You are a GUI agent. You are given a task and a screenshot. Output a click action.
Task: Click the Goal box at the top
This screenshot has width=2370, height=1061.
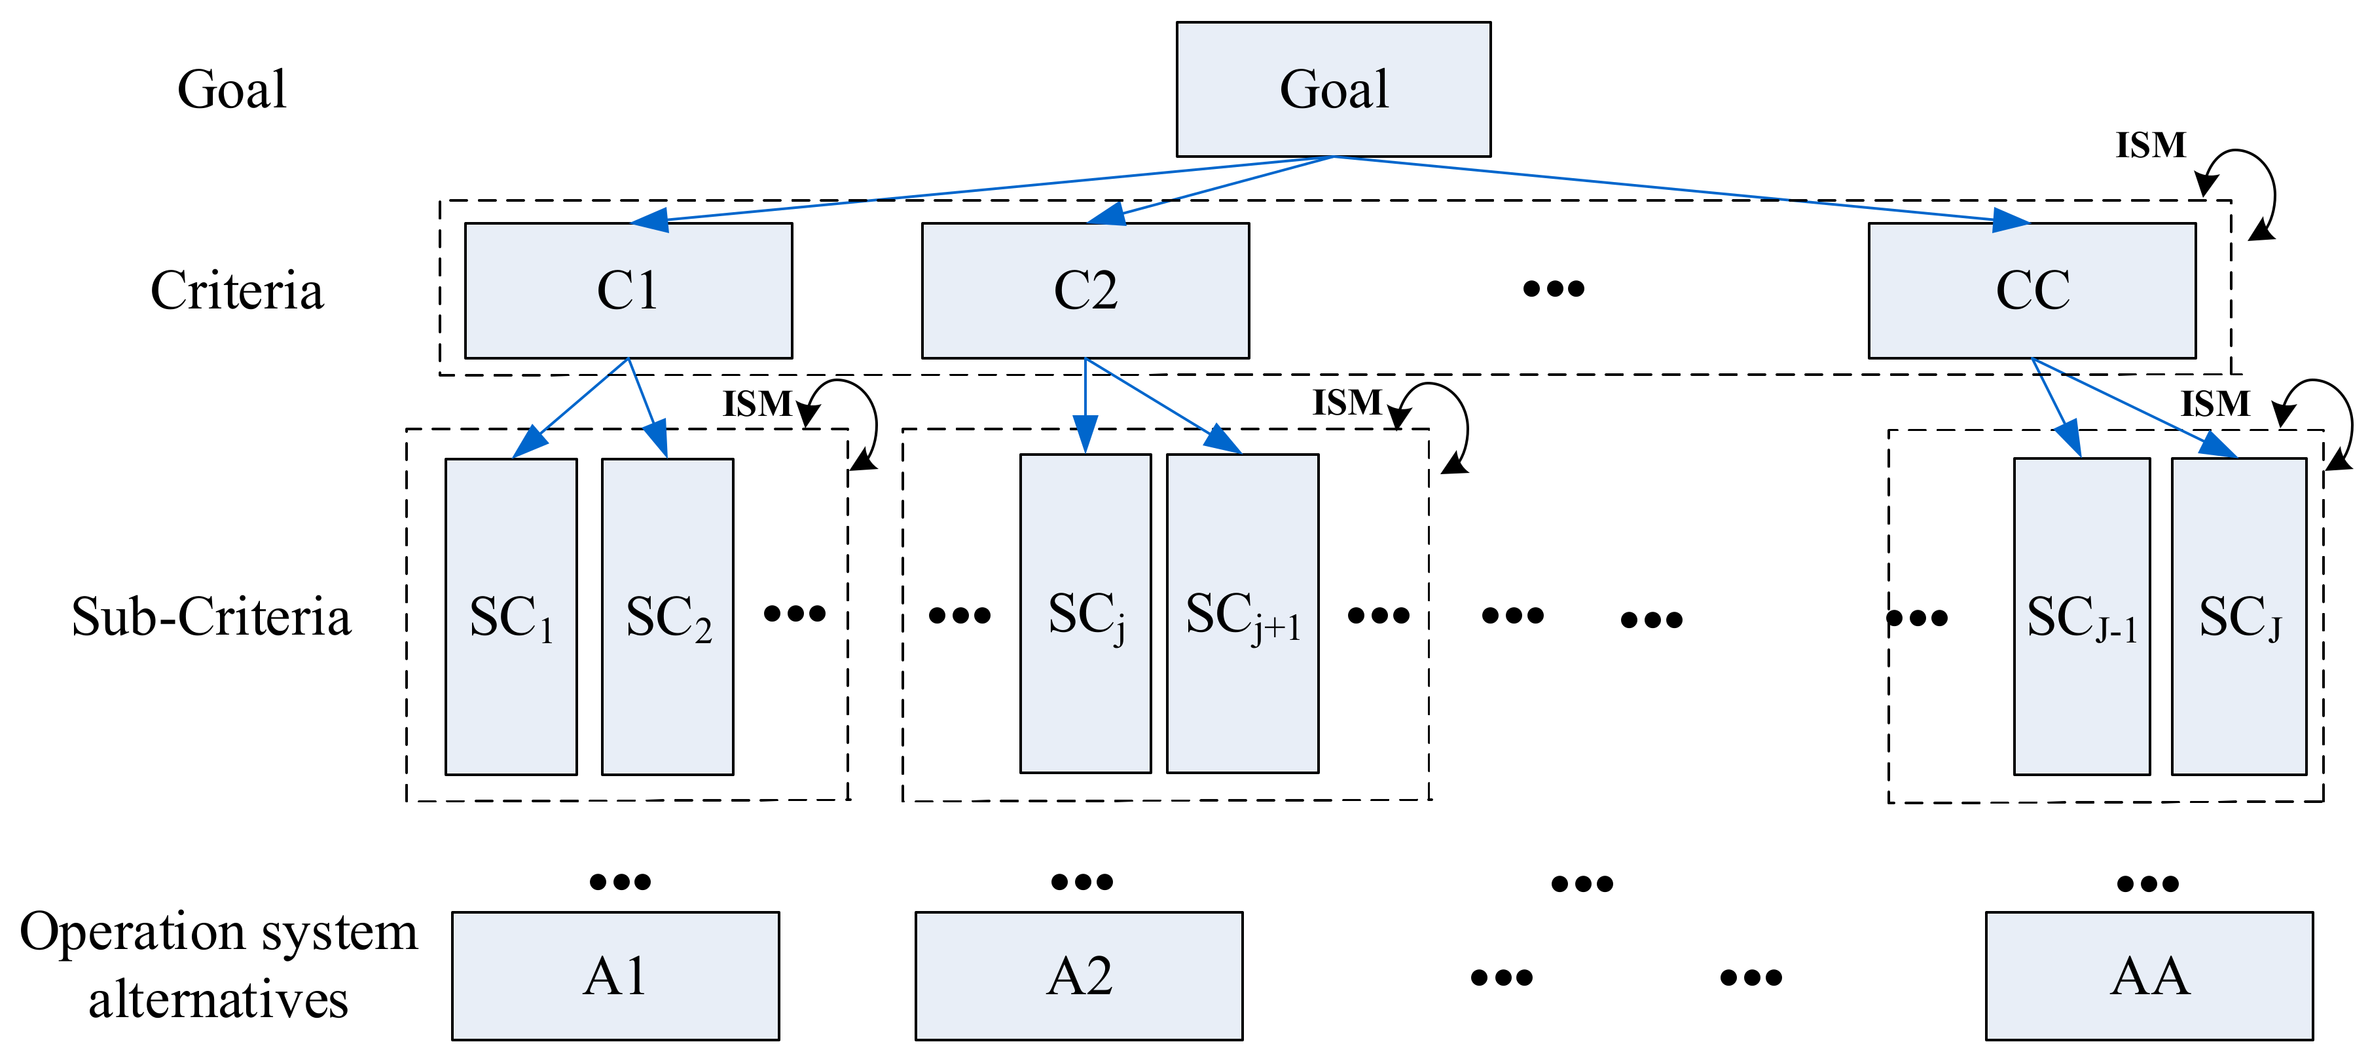click(1333, 89)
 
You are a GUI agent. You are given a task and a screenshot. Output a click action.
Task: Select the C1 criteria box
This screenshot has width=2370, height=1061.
click(629, 290)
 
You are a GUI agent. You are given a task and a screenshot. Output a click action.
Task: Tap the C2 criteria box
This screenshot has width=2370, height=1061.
click(1085, 290)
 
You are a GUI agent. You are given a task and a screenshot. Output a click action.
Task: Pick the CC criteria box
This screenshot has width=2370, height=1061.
click(2032, 290)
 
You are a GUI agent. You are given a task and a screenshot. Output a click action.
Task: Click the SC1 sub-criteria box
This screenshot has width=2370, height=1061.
click(511, 616)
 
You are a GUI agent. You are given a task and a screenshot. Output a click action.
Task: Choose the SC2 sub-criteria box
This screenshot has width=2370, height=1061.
click(667, 616)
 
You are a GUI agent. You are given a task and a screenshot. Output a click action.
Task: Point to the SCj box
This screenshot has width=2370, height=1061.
click(1085, 614)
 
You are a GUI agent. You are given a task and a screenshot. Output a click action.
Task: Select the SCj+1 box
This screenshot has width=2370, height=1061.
click(1242, 614)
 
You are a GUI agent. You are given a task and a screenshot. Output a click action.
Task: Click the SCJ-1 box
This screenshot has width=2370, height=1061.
click(2081, 616)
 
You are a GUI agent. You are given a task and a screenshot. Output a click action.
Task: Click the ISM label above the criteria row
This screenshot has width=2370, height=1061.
click(2150, 145)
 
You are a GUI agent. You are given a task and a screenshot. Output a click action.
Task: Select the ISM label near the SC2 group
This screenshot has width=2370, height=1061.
click(756, 404)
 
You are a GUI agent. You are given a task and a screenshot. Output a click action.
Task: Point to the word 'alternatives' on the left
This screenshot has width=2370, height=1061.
click(218, 999)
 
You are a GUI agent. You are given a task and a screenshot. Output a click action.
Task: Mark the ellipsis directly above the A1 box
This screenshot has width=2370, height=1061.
click(619, 882)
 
